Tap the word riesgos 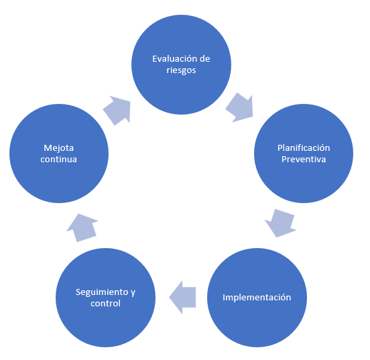point(181,70)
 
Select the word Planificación point(304,147)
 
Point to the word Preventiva point(304,159)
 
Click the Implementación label point(257,298)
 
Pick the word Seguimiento point(102,292)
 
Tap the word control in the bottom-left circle point(105,303)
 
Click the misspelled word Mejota point(59,148)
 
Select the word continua point(58,159)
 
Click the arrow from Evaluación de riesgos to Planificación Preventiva point(239,107)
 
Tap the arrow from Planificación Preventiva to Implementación point(281,223)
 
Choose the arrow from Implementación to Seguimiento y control point(182,298)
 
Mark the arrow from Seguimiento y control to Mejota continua point(82,228)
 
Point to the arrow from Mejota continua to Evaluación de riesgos point(117,110)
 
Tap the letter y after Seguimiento point(133,293)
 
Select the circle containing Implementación point(257,298)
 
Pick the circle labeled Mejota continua point(59,154)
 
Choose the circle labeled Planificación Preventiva point(304,154)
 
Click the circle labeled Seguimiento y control point(105,298)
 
